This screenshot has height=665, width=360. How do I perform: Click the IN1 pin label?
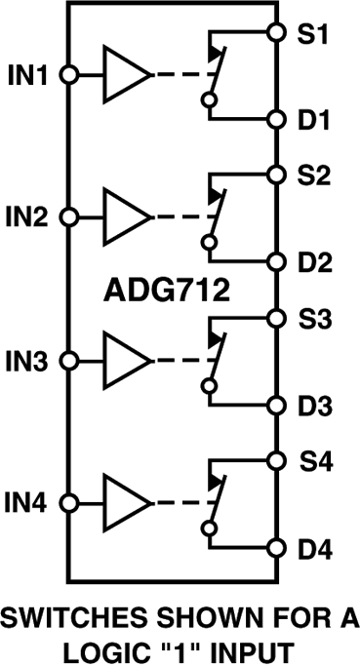click(28, 74)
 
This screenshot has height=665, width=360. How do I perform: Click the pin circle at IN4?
click(67, 503)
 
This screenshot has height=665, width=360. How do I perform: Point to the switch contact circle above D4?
click(208, 528)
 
